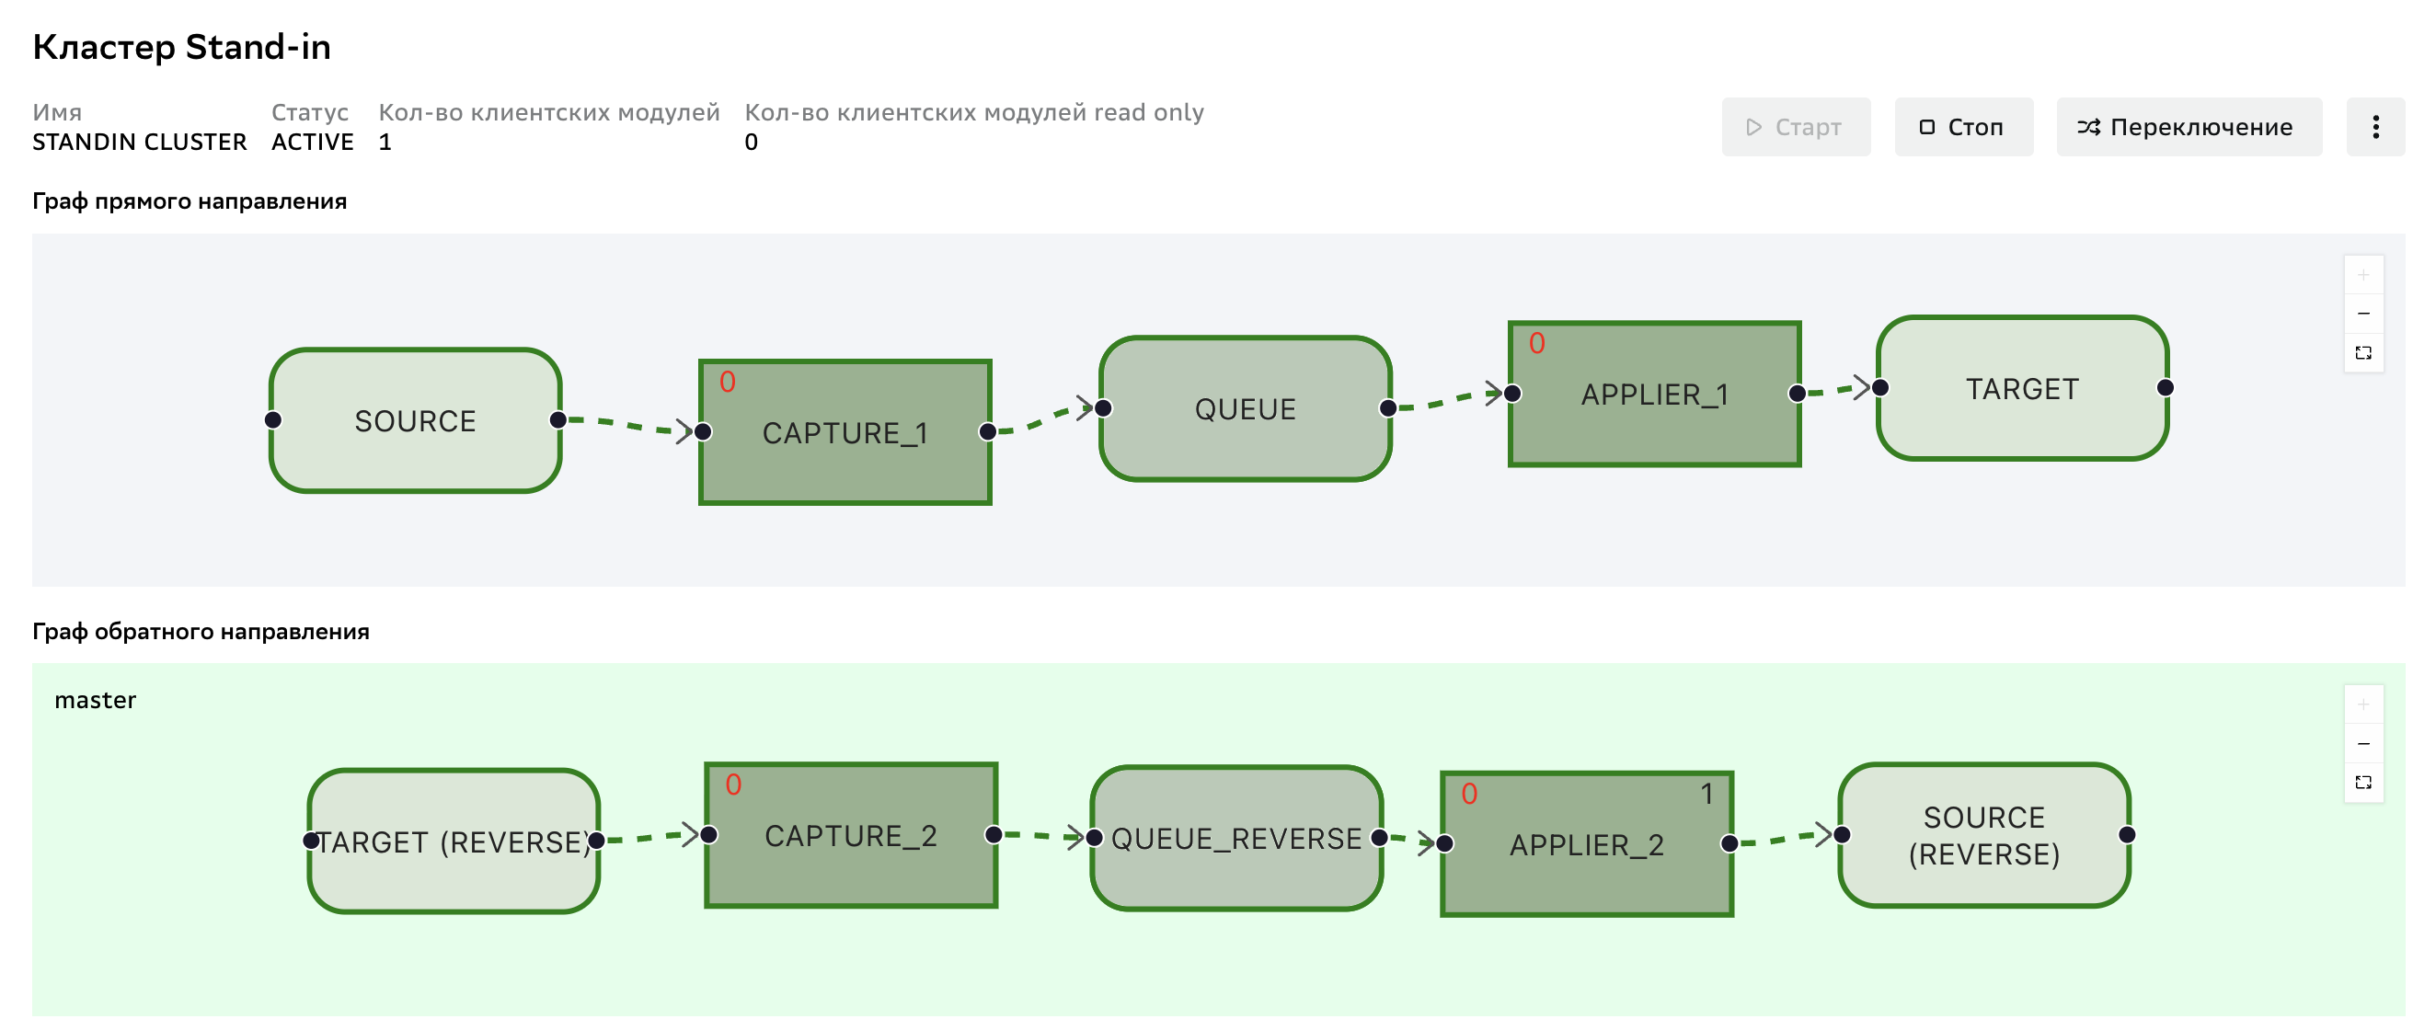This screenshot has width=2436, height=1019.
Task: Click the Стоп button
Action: [1963, 127]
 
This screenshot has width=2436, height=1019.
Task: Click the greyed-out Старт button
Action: [1795, 127]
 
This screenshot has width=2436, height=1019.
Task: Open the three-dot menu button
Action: [2374, 127]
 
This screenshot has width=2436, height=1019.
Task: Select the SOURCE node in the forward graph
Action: [415, 420]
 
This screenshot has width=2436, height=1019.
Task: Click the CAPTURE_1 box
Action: [845, 432]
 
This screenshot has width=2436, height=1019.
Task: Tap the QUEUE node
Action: [1246, 408]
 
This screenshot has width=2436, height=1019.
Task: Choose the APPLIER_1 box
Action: [1655, 394]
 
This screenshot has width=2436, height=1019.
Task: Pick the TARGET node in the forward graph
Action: [2023, 387]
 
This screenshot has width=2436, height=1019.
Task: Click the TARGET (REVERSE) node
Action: [454, 841]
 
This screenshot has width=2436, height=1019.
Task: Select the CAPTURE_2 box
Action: [851, 835]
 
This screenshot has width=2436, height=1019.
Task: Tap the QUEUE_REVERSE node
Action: [1237, 838]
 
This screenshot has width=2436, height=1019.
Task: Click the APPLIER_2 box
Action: [1587, 843]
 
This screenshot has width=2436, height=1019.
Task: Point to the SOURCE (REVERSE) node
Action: [1985, 835]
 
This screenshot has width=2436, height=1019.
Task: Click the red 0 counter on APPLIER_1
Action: [1536, 343]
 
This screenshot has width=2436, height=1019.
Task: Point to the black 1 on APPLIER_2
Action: [1706, 793]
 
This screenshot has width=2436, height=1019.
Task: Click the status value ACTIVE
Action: [312, 142]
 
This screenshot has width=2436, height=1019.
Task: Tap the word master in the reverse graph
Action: [96, 700]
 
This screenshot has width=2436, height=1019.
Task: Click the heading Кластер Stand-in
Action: [181, 46]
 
